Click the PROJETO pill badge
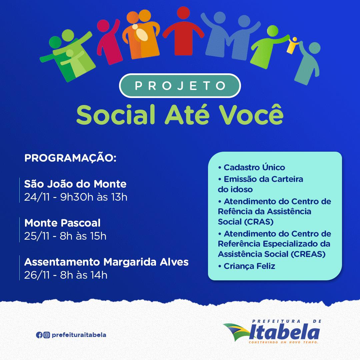tap(180, 86)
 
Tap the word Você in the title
tap(251, 114)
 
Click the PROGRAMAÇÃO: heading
tap(70, 158)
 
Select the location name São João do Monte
tap(75, 184)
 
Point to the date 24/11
tap(37, 197)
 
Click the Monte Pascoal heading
tap(62, 223)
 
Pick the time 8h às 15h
tap(83, 236)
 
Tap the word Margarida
tap(130, 262)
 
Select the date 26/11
tap(37, 275)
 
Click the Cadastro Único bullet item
tap(251, 167)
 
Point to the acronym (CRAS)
tap(259, 222)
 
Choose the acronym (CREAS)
tap(308, 254)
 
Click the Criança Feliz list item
tap(247, 266)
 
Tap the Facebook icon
tap(39, 335)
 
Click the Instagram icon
tap(47, 335)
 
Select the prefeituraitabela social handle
tap(79, 335)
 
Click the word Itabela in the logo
tap(284, 332)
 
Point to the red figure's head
tap(183, 13)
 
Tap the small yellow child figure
tap(293, 45)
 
